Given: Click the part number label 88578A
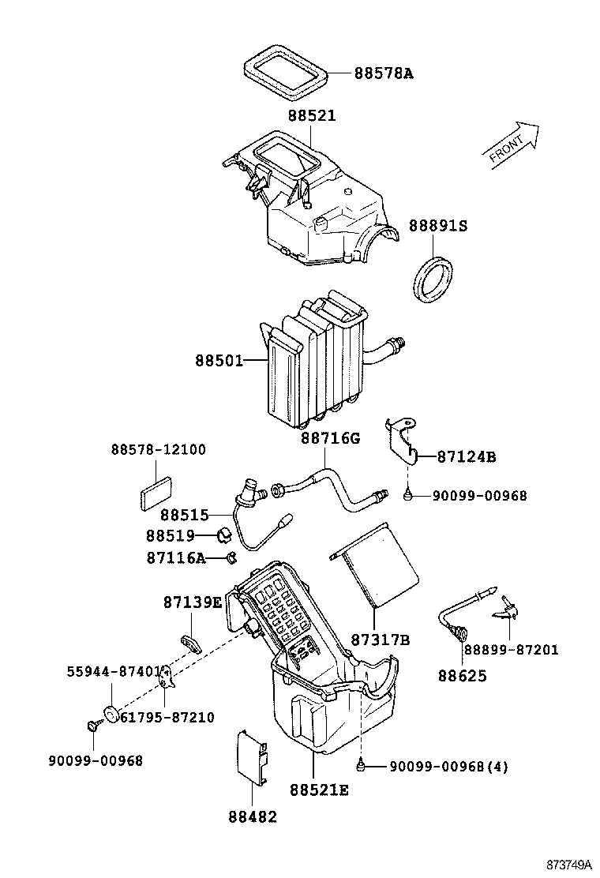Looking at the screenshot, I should click(383, 73).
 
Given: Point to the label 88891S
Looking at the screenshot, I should click(437, 226).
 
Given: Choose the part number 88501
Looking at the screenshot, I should click(219, 360).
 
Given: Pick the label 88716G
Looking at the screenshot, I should click(329, 437).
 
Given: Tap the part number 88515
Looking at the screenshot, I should click(184, 515).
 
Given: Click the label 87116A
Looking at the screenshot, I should click(175, 558).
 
